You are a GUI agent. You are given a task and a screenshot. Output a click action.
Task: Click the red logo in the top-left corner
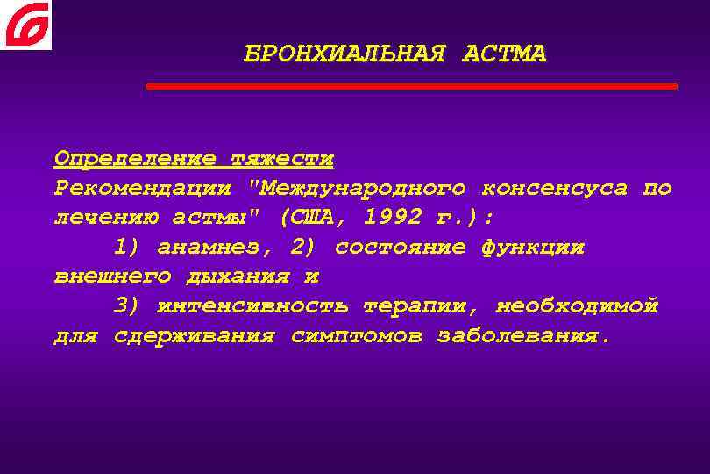coord(25,25)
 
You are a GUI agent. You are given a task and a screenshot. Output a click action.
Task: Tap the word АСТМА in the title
coord(502,54)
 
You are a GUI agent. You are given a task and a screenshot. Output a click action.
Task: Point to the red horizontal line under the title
coord(411,87)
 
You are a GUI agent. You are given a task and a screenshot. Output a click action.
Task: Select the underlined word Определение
coord(134,159)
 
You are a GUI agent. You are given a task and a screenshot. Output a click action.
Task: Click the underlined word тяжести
coord(281,159)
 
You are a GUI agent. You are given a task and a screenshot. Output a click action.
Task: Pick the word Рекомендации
coord(143,188)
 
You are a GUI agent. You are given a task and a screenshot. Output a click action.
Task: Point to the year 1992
coord(393,217)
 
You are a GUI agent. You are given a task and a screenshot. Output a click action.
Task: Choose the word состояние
coord(400,247)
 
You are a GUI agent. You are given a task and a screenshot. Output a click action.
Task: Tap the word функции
coord(532,247)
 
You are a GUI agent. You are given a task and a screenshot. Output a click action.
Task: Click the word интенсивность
coord(252,306)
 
